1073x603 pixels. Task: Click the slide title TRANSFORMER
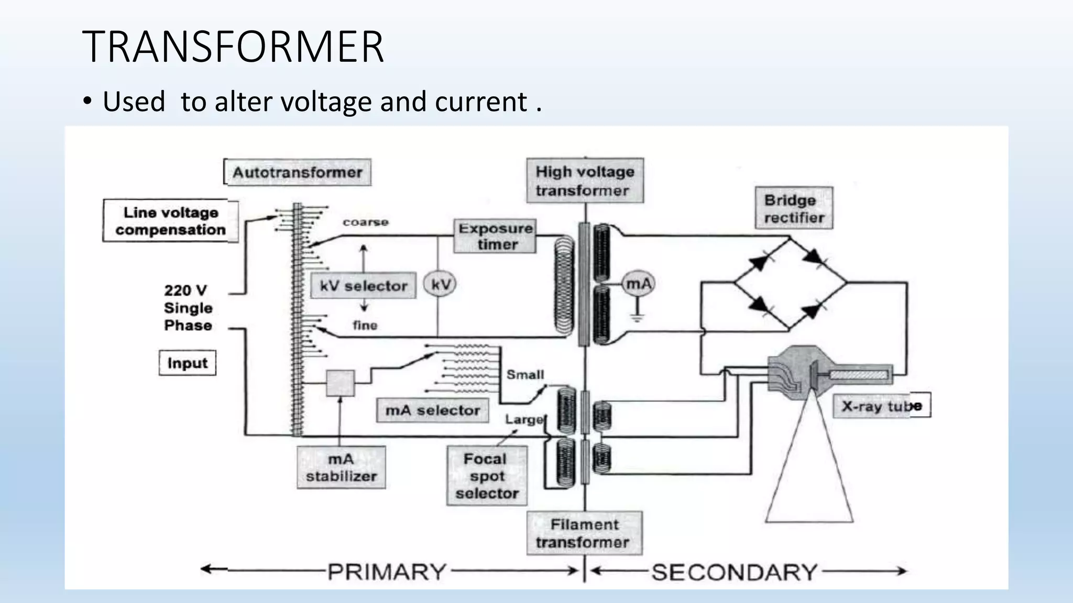233,47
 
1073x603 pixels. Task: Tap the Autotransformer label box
298,172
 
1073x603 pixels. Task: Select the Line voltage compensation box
171,221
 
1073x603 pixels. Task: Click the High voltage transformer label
585,181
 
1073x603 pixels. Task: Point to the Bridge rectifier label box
794,208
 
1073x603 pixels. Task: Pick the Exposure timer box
495,236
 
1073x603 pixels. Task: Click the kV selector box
364,286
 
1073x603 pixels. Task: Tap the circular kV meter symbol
441,284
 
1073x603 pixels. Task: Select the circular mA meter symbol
639,284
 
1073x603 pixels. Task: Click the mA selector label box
433,410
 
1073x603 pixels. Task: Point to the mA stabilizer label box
341,467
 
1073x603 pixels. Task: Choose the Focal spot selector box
487,476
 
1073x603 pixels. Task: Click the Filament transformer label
584,533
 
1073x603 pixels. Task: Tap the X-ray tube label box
882,406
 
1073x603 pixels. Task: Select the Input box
187,363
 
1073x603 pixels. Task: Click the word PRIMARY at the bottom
387,572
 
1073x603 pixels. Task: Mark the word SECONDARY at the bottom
734,572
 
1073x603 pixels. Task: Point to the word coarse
366,222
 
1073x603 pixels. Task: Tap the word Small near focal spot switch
525,375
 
